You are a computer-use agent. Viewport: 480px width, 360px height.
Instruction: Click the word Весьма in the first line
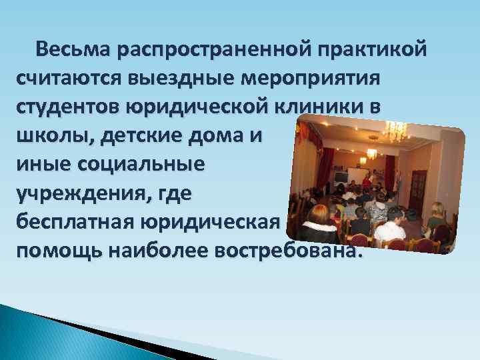pyautogui.click(x=73, y=50)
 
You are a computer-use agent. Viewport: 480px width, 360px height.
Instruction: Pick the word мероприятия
pyautogui.click(x=303, y=79)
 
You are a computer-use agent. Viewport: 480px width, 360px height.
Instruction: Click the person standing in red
pyautogui.click(x=366, y=181)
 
